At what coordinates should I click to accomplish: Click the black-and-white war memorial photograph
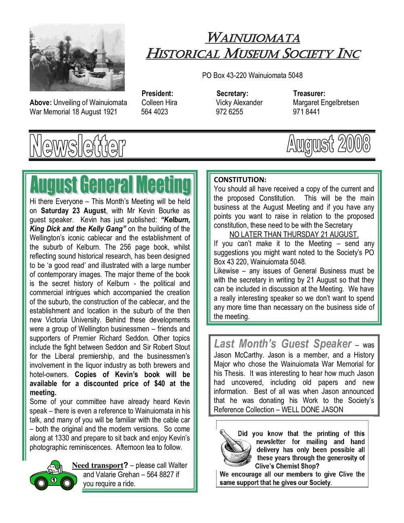77,57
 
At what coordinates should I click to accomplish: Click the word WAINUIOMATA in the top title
253,38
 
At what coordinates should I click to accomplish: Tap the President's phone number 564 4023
154,112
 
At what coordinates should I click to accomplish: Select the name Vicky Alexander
239,103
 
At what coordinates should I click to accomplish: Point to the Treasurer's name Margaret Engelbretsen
326,103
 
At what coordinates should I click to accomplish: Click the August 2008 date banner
328,145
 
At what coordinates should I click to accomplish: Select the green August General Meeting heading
110,185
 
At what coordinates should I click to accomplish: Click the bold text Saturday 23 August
74,211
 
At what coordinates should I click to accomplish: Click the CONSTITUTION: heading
240,179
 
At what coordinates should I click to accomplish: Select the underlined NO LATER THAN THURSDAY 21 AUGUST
294,234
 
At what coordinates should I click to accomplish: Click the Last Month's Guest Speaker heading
283,344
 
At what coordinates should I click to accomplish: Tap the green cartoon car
53,476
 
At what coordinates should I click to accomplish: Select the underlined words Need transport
97,466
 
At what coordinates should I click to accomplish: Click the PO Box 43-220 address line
252,76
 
